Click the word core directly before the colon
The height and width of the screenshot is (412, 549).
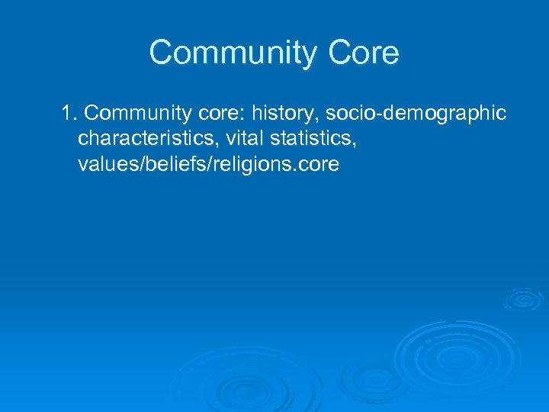[213, 114]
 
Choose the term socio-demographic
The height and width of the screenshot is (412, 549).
[416, 114]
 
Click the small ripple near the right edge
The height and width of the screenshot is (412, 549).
[522, 299]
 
